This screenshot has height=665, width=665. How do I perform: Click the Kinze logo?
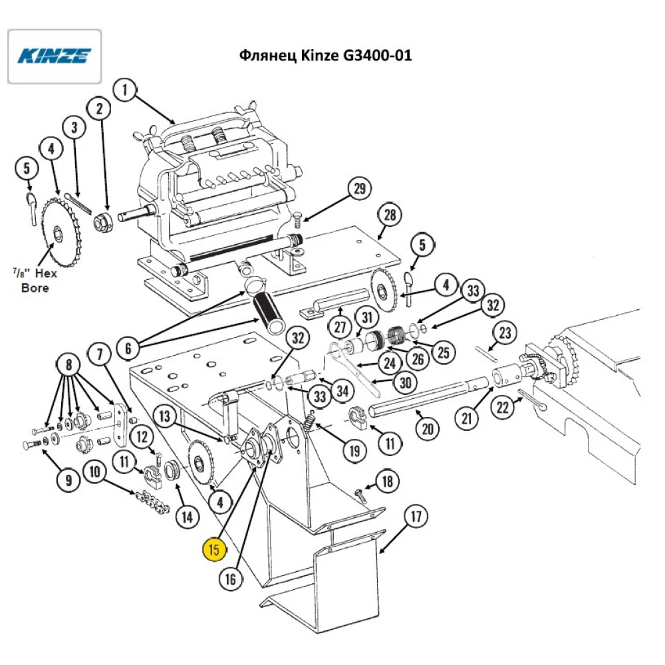pos(54,56)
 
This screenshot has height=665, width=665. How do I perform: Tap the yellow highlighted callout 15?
pos(215,549)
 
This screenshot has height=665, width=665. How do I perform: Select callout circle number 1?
pos(124,90)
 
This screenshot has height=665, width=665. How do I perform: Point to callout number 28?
pos(390,215)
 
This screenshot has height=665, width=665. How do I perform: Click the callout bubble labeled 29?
pos(360,190)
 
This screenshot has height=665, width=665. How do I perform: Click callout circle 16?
pos(230,579)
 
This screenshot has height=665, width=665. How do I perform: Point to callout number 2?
pos(100,108)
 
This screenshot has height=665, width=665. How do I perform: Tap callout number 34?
pos(342,390)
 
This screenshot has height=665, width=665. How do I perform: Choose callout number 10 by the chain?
pos(95,473)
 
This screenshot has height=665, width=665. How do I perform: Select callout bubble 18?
pos(388,480)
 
